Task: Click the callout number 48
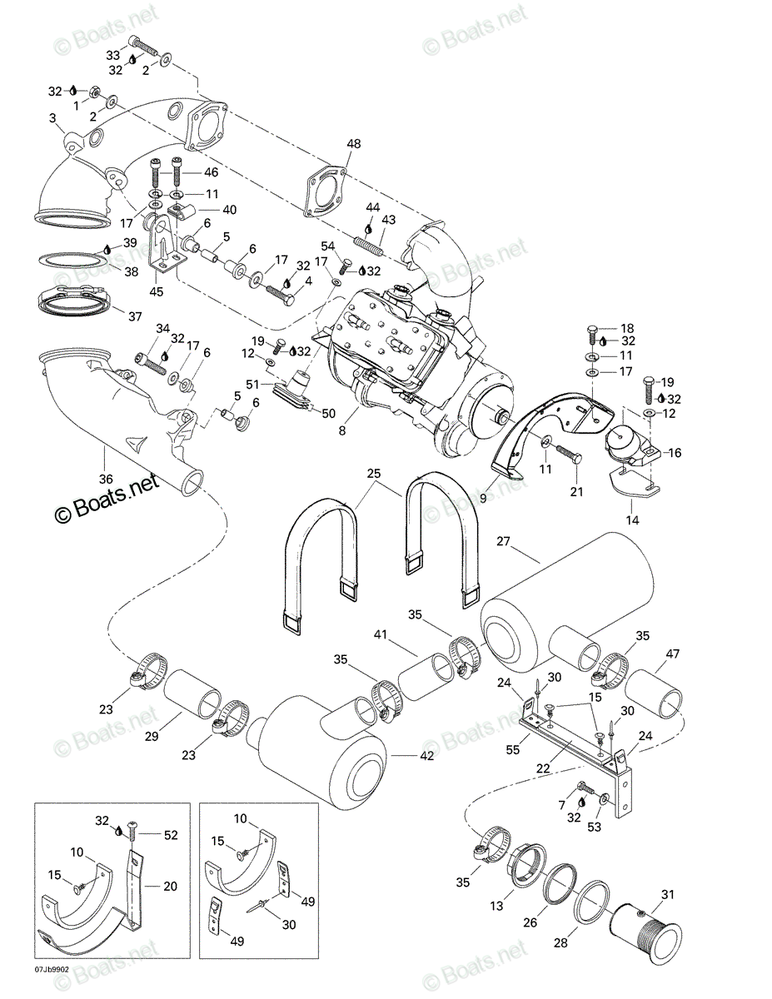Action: (354, 144)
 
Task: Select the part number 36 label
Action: (106, 479)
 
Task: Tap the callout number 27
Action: (504, 541)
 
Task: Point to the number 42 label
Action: (426, 755)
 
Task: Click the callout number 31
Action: (668, 894)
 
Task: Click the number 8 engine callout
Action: (341, 430)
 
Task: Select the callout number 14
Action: (633, 520)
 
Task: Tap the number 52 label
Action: (171, 835)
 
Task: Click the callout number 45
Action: (157, 291)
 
